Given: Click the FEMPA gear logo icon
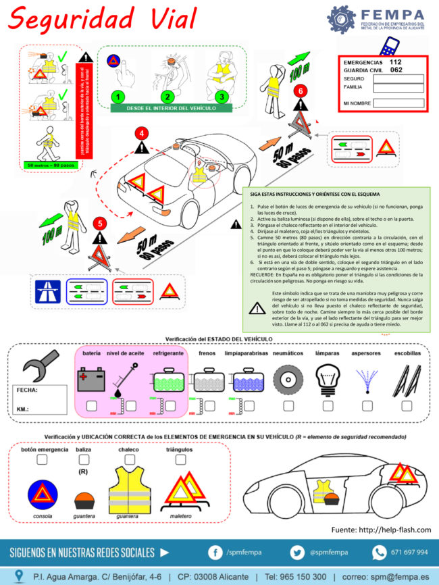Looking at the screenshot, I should (x=342, y=20).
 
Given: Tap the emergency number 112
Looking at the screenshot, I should (x=396, y=61).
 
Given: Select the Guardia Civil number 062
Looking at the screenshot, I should (x=396, y=70).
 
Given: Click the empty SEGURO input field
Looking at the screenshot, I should (x=399, y=78).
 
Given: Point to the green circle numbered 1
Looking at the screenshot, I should (x=118, y=97).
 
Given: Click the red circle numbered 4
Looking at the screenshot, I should (x=142, y=133).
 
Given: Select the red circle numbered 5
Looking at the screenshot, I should (x=99, y=222).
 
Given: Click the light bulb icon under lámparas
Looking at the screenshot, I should (x=327, y=376).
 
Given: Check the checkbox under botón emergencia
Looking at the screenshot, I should (x=42, y=459).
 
